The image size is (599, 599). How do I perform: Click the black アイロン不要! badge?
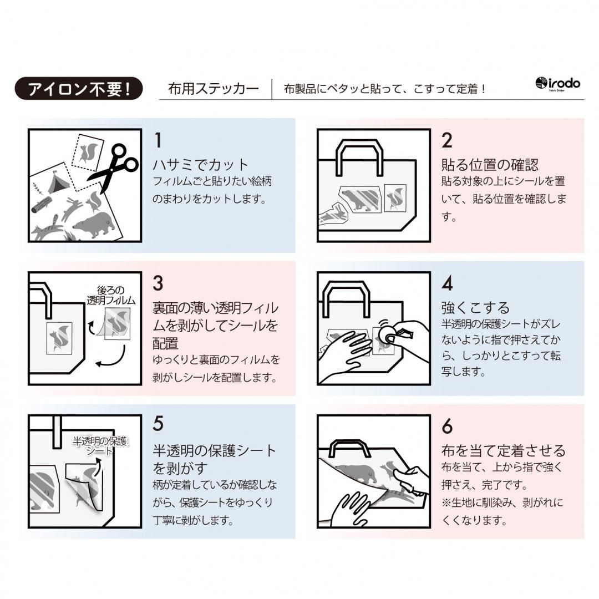[78, 88]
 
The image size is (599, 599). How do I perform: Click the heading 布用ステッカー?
[214, 89]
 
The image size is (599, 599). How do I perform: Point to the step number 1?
[158, 140]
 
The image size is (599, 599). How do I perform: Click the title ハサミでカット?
[201, 165]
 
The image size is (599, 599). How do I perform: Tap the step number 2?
[447, 140]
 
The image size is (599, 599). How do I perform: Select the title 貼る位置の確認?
[490, 165]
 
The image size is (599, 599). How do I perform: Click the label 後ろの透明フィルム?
[111, 296]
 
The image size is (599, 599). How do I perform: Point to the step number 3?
[158, 283]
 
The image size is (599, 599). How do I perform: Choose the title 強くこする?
[475, 307]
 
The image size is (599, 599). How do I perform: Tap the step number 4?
[447, 283]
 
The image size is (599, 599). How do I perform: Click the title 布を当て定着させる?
[503, 450]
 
